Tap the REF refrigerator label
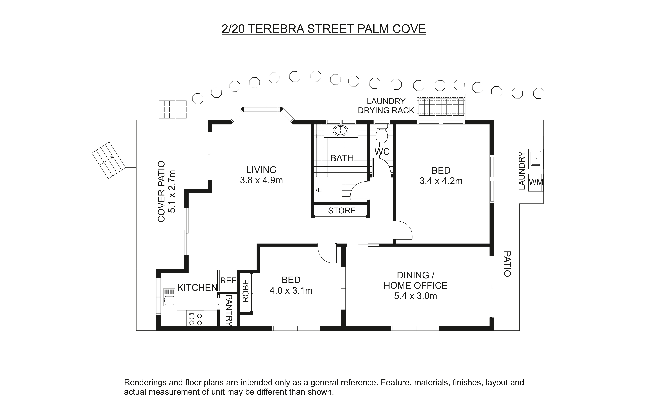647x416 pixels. click(228, 281)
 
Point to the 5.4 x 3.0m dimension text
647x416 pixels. click(415, 296)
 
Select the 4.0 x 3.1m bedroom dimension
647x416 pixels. click(291, 291)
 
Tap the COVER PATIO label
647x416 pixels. click(161, 192)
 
